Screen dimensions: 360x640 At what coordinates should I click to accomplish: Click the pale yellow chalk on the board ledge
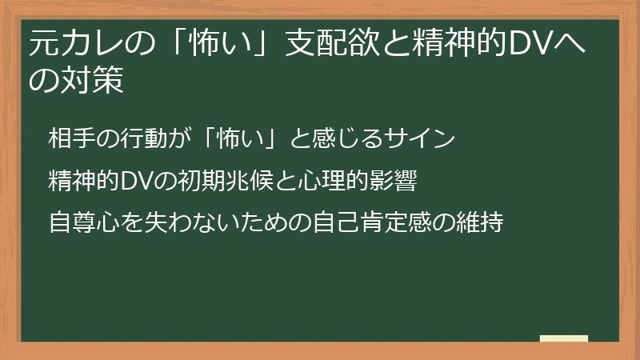coord(564,338)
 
